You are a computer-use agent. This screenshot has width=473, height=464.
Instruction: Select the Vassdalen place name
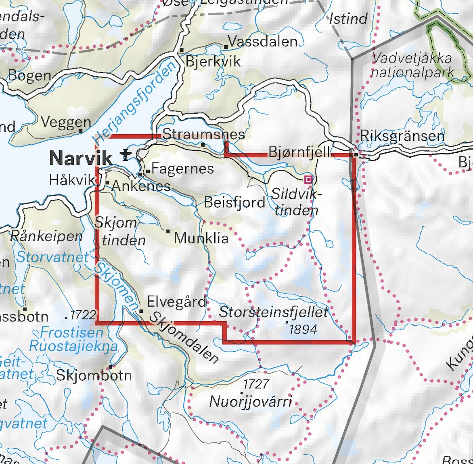(263, 41)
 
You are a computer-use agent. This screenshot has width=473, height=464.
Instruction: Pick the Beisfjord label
(234, 202)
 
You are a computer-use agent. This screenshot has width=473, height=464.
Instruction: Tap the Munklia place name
(201, 238)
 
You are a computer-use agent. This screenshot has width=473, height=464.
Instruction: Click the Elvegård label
(176, 301)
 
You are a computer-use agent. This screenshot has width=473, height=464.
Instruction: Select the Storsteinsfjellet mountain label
(274, 312)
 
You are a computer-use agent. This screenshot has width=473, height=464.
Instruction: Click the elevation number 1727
(256, 383)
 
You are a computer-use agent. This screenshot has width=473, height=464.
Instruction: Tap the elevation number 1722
(84, 315)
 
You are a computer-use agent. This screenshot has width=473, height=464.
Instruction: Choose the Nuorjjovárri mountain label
(250, 402)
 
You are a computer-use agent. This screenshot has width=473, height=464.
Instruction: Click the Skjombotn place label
(94, 375)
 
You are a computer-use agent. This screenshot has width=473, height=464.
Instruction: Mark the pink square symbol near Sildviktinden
(308, 179)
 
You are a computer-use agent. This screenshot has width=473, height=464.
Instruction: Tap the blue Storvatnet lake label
(53, 257)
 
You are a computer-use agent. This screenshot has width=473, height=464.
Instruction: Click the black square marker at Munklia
(168, 231)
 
